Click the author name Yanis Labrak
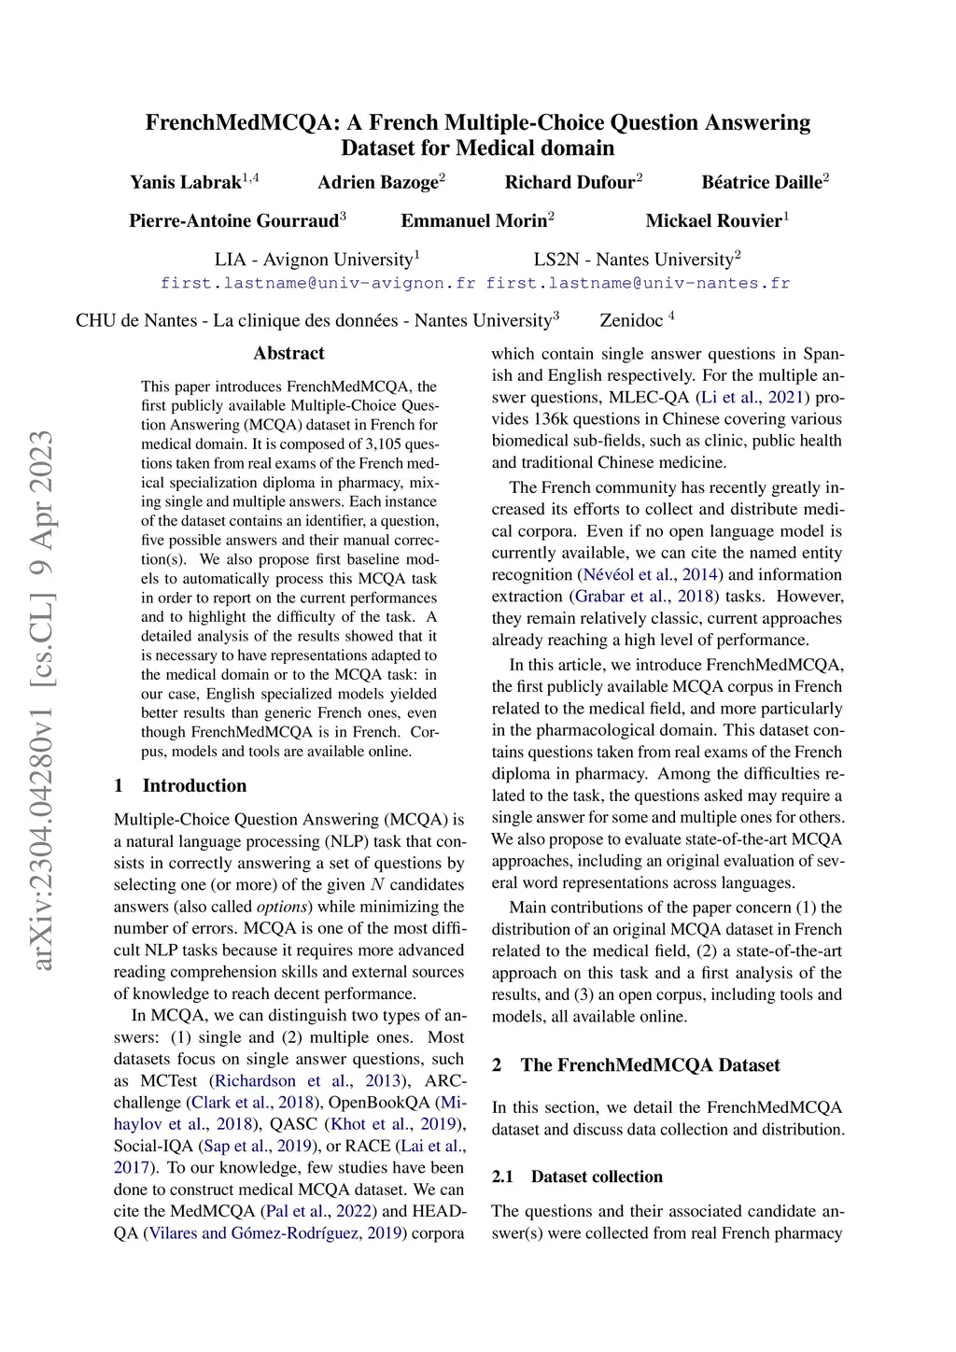186,182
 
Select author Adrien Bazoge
378,182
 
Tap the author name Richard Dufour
569,182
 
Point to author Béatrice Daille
762,182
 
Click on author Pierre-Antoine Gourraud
233,220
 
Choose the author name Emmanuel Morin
474,220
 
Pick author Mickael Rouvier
714,220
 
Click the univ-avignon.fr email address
317,283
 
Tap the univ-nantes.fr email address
638,283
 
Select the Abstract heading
288,353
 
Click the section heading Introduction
194,785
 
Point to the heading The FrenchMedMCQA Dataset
650,1065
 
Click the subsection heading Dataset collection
597,1176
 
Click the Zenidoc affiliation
632,320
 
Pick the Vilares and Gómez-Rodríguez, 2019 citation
274,1232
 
